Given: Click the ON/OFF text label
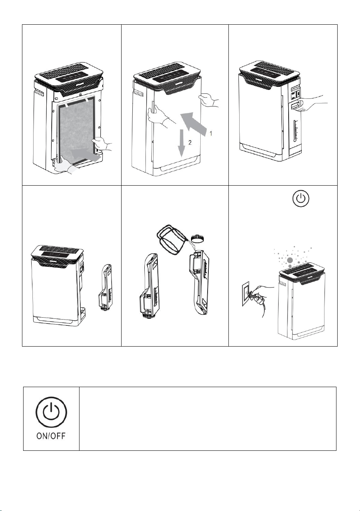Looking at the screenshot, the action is (x=51, y=436).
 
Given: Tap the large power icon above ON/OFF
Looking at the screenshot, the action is (x=51, y=413).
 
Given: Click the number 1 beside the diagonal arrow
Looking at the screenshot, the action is (x=211, y=133).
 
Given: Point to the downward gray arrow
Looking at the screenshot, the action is (x=182, y=143).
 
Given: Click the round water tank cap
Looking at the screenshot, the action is (x=197, y=239).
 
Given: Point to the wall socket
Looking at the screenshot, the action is (x=247, y=293).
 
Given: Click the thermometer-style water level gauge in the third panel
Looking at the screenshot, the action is (x=296, y=130).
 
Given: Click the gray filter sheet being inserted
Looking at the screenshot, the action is (x=76, y=129).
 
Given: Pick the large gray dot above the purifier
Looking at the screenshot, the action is (x=290, y=260).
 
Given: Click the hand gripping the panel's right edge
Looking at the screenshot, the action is (x=209, y=99).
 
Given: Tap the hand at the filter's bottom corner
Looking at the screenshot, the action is (x=65, y=166).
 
